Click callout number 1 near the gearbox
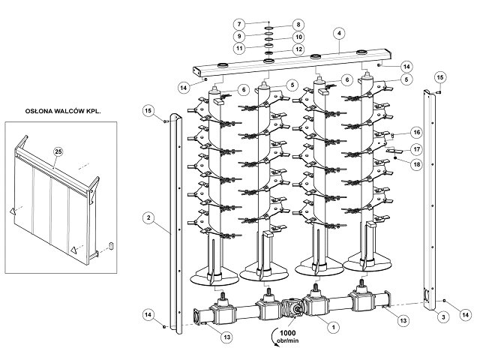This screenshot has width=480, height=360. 333,327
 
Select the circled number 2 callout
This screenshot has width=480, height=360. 148,218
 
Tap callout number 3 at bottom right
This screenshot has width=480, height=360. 443,317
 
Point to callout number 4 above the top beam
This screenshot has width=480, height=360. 339,33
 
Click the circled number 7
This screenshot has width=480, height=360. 239,24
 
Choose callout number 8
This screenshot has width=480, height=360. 298,25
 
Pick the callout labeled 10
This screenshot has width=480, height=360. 298,37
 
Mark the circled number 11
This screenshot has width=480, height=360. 239,48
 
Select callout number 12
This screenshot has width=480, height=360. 298,49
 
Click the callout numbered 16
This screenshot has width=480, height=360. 417,133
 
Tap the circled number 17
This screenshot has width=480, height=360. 417,149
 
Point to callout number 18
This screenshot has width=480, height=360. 417,164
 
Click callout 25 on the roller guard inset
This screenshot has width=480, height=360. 58,151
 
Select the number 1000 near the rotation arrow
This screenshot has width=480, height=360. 287,333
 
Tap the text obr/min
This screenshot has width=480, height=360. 288,340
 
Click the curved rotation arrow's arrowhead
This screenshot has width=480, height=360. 277,345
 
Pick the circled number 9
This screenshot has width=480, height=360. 239,36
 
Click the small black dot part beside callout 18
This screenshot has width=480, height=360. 395,158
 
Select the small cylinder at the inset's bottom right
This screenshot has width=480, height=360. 112,245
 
